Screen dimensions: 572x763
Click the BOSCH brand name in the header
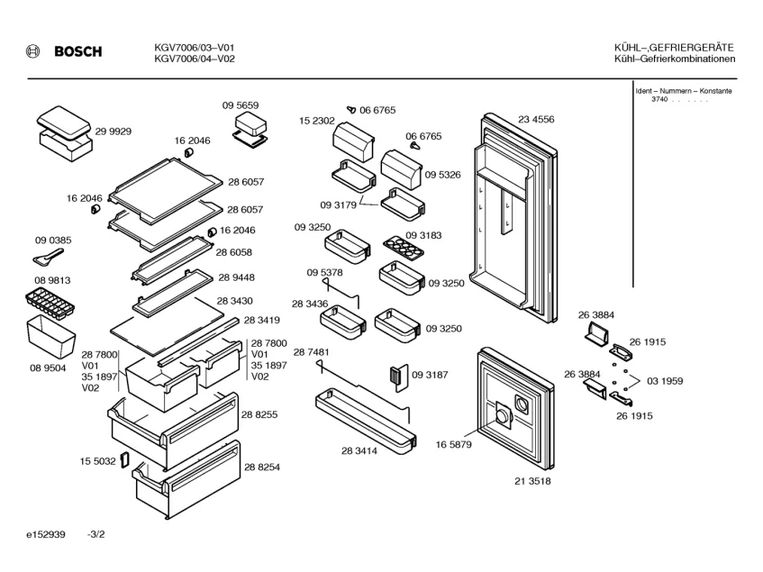coord(78,52)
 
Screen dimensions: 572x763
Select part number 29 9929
coord(114,132)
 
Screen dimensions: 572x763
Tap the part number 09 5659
coord(241,105)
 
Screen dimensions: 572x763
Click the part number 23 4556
coord(536,119)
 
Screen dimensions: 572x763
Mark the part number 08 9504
coord(47,368)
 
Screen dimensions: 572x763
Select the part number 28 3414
coord(359,449)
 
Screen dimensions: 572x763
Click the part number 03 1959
coord(665,381)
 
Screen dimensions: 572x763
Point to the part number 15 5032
coord(96,461)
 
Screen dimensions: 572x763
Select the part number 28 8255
coord(259,413)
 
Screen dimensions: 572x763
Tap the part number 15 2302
coord(317,121)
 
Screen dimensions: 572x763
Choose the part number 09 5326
coord(443,175)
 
